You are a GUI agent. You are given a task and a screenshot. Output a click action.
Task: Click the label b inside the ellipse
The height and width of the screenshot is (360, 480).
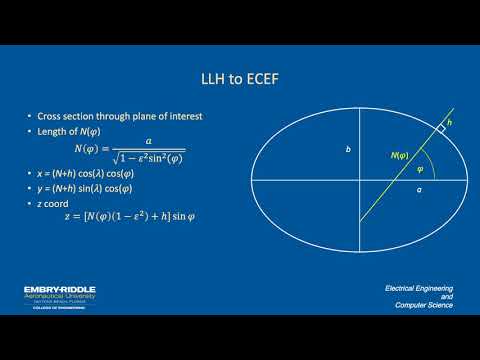tap(348, 149)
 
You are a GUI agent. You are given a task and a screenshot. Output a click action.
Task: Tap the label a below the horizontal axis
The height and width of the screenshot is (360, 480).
tap(418, 187)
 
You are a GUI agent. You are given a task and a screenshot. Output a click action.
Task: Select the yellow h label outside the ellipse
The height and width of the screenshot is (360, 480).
tap(449, 123)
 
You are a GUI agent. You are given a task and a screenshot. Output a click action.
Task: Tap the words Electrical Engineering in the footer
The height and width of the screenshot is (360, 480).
tap(419, 288)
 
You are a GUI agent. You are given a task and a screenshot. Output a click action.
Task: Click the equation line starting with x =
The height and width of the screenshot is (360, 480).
tap(112, 174)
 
